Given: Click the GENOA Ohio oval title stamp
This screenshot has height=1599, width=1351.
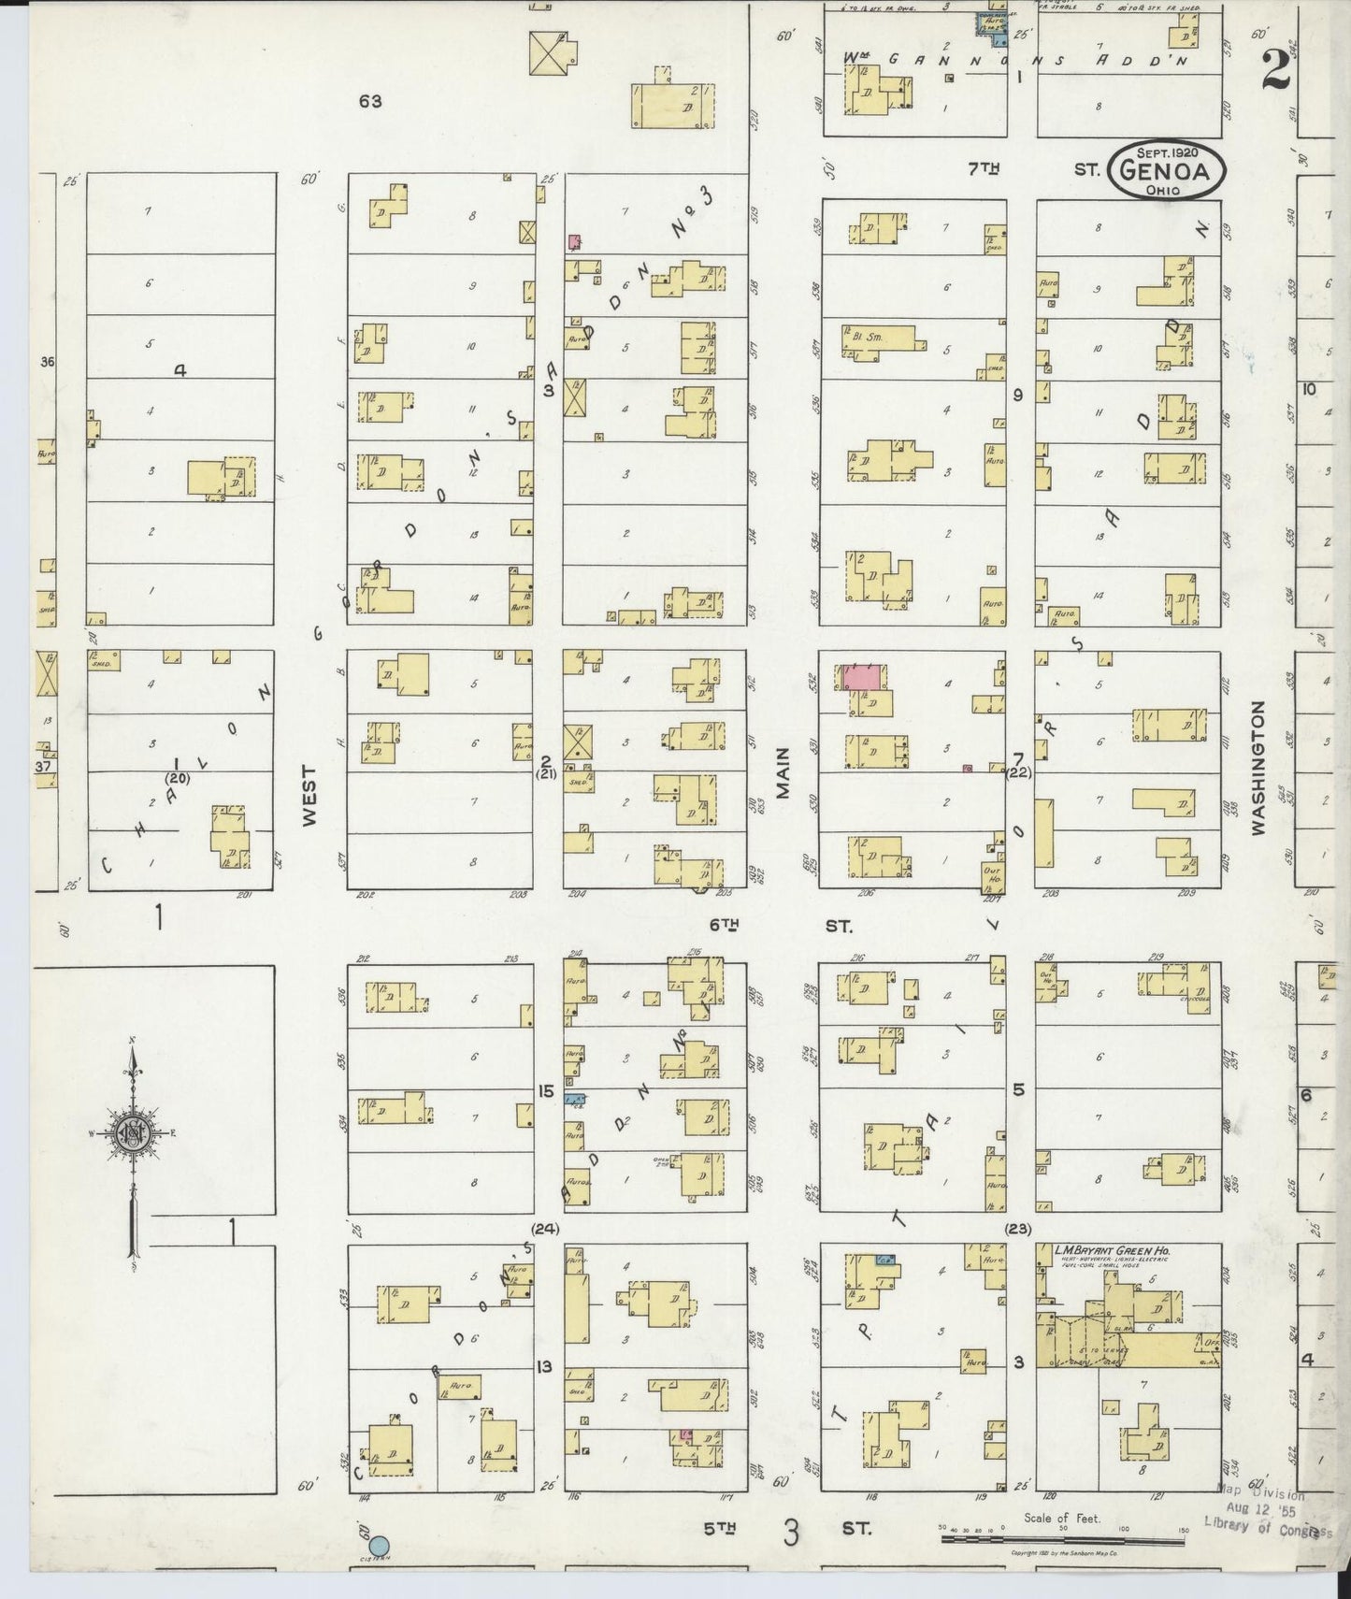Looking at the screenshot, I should (1168, 170).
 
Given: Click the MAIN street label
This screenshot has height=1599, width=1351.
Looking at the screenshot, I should (783, 772).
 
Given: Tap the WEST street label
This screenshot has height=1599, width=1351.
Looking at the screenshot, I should (309, 796).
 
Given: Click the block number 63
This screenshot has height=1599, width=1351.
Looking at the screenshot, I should (370, 101).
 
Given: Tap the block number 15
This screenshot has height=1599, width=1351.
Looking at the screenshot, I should (547, 1090).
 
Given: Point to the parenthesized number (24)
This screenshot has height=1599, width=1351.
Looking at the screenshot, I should (544, 1229).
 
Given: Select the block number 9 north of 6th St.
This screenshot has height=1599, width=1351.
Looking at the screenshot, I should (1018, 395).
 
